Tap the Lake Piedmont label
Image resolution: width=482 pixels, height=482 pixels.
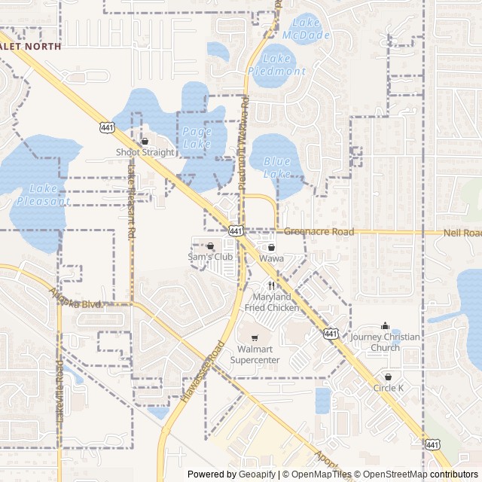(x=276, y=65)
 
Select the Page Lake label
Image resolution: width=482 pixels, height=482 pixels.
(x=197, y=136)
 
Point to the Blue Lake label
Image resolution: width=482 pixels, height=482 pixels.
(x=277, y=167)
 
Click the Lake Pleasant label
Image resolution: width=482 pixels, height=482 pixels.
(x=43, y=194)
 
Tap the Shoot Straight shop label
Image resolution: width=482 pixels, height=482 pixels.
(x=145, y=152)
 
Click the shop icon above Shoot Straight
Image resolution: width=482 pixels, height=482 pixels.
(x=145, y=141)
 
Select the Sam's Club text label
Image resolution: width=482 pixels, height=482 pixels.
(x=210, y=257)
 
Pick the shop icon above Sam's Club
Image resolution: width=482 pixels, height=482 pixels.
(x=210, y=246)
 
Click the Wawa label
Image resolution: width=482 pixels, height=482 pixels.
(x=271, y=258)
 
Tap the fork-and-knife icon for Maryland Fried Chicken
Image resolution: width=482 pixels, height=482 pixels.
(x=271, y=286)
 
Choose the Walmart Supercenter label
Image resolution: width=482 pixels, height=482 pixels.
(x=255, y=355)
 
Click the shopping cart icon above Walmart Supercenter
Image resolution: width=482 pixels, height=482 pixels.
(x=255, y=337)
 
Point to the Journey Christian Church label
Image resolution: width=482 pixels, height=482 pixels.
(x=386, y=342)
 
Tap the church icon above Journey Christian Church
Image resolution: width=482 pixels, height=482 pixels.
(x=386, y=326)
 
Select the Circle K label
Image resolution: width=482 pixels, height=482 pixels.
(x=389, y=388)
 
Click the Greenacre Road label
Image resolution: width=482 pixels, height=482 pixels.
(x=319, y=232)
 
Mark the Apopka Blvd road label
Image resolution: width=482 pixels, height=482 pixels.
(x=75, y=298)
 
